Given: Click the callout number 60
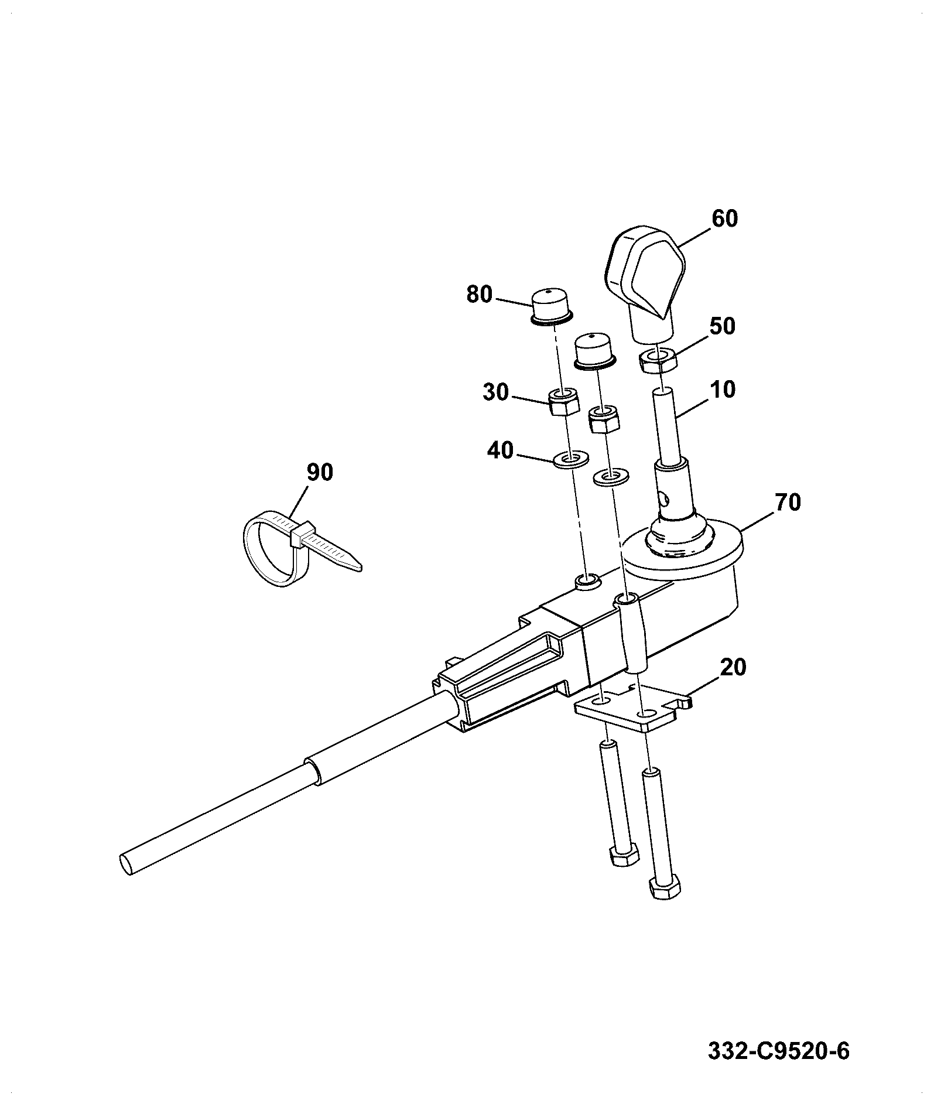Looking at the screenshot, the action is [724, 218].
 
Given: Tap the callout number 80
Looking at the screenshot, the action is [480, 294].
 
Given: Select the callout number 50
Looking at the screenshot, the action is [721, 326].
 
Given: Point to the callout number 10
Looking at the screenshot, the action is [722, 389].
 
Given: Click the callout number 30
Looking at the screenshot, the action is [495, 392].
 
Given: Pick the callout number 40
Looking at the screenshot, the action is [500, 451].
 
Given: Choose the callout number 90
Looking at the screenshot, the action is [319, 472].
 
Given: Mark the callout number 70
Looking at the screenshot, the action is [787, 503].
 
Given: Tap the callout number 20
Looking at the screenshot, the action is [733, 667].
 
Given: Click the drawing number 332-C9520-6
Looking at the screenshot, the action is [778, 1051].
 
